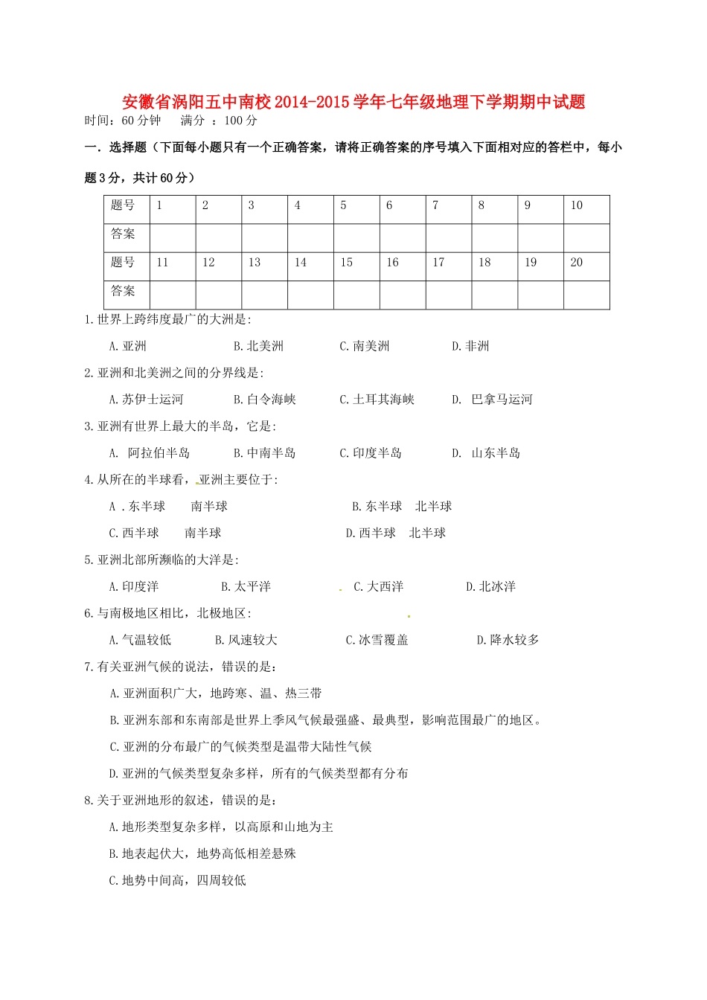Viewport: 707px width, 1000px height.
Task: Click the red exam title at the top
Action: pyautogui.click(x=353, y=102)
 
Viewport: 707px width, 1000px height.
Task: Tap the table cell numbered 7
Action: pyautogui.click(x=448, y=209)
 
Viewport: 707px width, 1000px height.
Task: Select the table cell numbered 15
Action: pyautogui.click(x=356, y=266)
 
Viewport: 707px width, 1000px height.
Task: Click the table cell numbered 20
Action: pyautogui.click(x=586, y=266)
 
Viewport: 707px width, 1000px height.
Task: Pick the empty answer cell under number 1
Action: pyautogui.click(x=173, y=237)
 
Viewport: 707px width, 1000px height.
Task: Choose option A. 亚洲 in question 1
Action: pyautogui.click(x=127, y=346)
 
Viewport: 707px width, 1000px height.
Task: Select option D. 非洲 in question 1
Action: pyautogui.click(x=470, y=346)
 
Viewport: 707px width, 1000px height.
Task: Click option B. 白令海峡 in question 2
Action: pyautogui.click(x=264, y=400)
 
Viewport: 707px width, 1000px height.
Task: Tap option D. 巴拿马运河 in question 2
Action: pyautogui.click(x=492, y=400)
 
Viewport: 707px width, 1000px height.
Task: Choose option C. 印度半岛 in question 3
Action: pyautogui.click(x=371, y=453)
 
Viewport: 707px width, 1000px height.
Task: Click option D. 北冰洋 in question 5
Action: pyautogui.click(x=490, y=587)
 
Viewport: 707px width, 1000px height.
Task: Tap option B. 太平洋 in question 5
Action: pyautogui.click(x=246, y=587)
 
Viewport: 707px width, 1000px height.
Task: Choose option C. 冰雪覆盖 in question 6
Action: pyautogui.click(x=377, y=640)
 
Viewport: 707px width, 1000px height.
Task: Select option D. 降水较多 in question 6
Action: pyautogui.click(x=508, y=640)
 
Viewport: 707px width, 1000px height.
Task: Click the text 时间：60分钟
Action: pyautogui.click(x=123, y=121)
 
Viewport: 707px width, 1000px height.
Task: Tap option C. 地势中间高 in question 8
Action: pyautogui.click(x=177, y=881)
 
